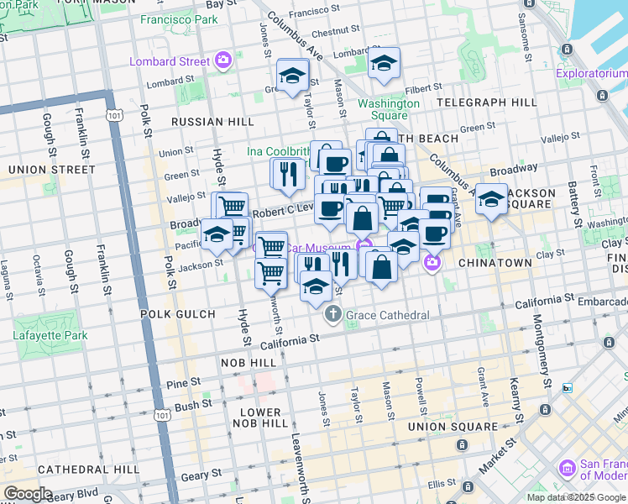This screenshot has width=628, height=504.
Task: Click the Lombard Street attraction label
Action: pyautogui.click(x=170, y=60)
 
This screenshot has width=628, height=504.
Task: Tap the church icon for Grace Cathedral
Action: pyautogui.click(x=332, y=315)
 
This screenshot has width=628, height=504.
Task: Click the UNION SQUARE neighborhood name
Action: pyautogui.click(x=452, y=427)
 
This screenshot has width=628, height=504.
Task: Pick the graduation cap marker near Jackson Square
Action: pyautogui.click(x=492, y=199)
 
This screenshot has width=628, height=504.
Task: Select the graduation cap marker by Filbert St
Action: pyautogui.click(x=384, y=63)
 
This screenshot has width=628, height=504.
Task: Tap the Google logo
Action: pyautogui.click(x=27, y=494)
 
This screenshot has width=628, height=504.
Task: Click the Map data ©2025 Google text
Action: pyautogui.click(x=576, y=497)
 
